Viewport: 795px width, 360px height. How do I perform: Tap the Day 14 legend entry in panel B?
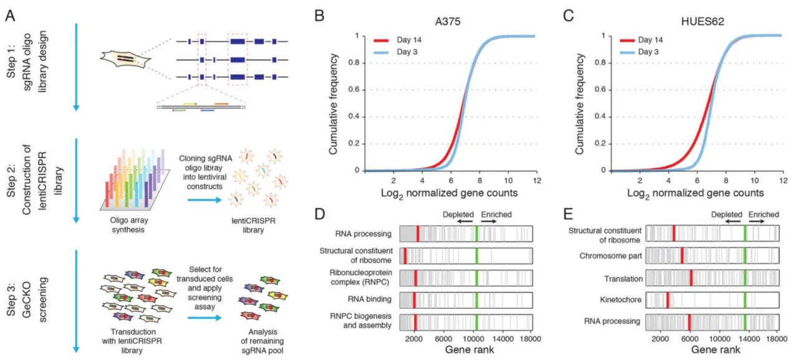click(x=408, y=41)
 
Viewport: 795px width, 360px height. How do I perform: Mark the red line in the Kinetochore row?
click(x=667, y=301)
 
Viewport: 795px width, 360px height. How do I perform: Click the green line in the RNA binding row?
click(x=476, y=299)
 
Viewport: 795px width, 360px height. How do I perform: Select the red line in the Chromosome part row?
click(x=682, y=256)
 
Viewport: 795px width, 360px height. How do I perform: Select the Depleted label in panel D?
click(x=458, y=215)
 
